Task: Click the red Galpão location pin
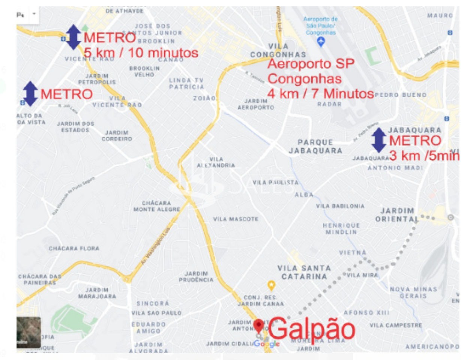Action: click(258, 325)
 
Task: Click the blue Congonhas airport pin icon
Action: click(320, 43)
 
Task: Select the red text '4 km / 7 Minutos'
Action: click(320, 93)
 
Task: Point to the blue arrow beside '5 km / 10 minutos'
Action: click(73, 37)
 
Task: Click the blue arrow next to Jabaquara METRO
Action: click(379, 140)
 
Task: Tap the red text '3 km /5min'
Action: click(424, 156)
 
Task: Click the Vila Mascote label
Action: click(236, 219)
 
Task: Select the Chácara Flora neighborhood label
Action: click(74, 248)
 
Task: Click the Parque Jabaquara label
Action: click(320, 147)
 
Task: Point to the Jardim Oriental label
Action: click(397, 214)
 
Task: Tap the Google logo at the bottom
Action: click(266, 344)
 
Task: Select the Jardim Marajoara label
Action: click(97, 293)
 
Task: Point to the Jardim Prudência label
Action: click(196, 276)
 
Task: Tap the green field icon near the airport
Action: click(372, 57)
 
